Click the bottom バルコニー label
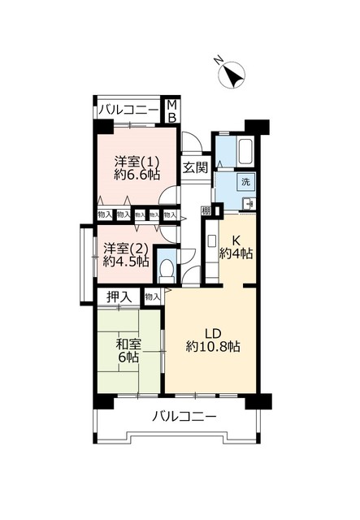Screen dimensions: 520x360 (184, 417)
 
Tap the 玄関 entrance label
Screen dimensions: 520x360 (195, 167)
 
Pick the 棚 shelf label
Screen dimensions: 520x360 (206, 211)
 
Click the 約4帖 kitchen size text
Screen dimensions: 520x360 (236, 253)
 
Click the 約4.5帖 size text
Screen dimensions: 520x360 (125, 261)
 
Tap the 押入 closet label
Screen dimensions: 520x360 (119, 297)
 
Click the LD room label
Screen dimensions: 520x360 (212, 331)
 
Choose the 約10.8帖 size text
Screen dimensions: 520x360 (212, 346)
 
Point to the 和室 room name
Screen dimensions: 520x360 (128, 344)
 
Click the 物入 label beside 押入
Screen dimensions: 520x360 (152, 297)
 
